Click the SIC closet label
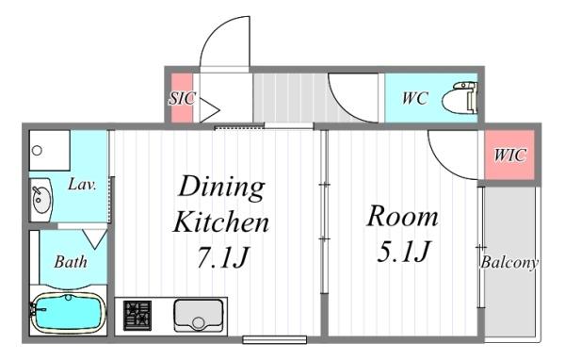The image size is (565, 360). tap(183, 98)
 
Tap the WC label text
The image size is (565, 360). tap(415, 98)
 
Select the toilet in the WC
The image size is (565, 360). tap(460, 98)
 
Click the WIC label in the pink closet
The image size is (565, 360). tap(509, 155)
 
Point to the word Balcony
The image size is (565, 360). tap(509, 262)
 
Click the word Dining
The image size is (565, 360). tap(222, 188)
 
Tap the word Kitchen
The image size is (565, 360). tap(221, 221)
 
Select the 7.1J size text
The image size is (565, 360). tap(223, 257)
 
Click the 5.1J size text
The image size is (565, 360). tap(403, 251)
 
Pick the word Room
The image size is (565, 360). tap(402, 216)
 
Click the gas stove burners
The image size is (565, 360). tap(137, 316)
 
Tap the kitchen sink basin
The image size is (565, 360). tap(199, 316)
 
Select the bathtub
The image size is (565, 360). tap(68, 313)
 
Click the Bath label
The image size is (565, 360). tap(71, 262)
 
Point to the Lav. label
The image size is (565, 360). tap(82, 185)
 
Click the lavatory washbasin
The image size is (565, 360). tap(41, 200)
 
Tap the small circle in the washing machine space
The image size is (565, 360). tap(37, 151)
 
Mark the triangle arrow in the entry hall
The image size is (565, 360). tap(208, 110)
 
